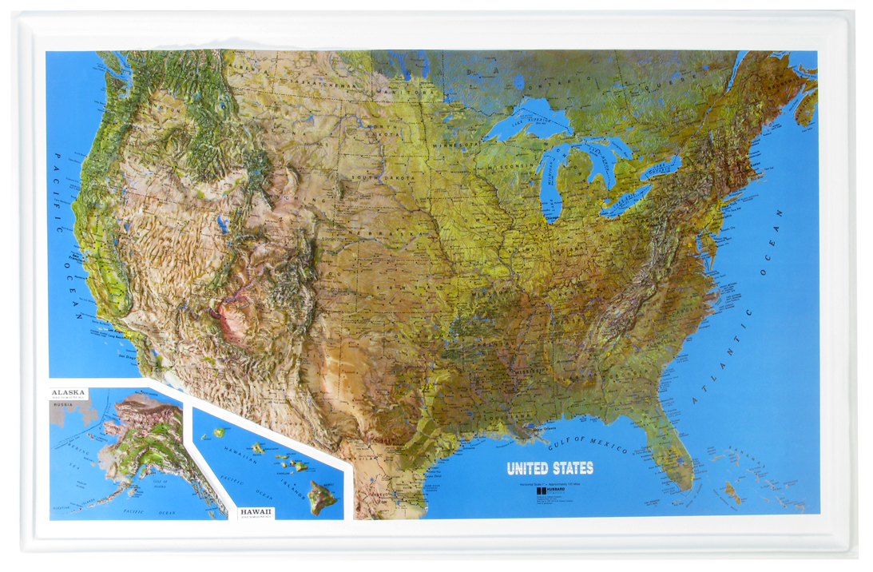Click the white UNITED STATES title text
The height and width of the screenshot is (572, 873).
(550, 468)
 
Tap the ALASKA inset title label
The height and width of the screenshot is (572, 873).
(68, 393)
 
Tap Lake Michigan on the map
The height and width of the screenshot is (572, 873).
(550, 192)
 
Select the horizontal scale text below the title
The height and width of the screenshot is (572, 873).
(550, 482)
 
